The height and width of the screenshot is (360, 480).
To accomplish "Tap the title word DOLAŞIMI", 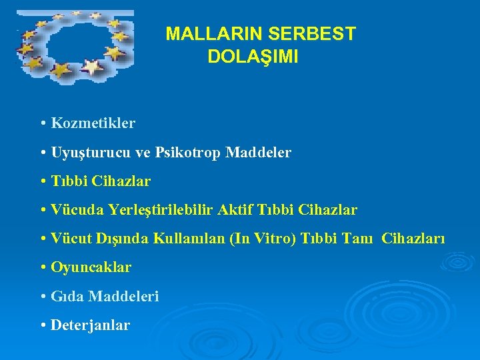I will tap(253, 57).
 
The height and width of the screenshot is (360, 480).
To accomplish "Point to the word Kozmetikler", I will tap(93, 123).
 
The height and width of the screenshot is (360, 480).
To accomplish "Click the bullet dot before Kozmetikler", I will tap(43, 124).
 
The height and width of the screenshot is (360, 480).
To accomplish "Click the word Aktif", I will tap(238, 210).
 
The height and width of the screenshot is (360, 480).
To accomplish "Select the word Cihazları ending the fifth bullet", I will tap(413, 239).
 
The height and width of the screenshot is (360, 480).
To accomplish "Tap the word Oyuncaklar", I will tap(91, 267).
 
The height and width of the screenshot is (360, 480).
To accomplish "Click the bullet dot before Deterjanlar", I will tap(43, 326).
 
